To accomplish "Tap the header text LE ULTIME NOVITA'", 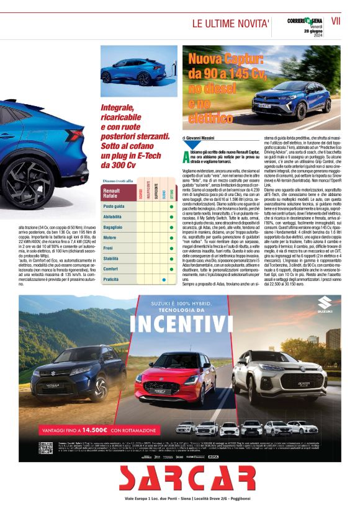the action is click(x=230, y=24).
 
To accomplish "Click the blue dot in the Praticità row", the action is click(x=163, y=280).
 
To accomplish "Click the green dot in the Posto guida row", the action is click(x=171, y=205).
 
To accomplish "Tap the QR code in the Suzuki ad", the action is click(x=45, y=448).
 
